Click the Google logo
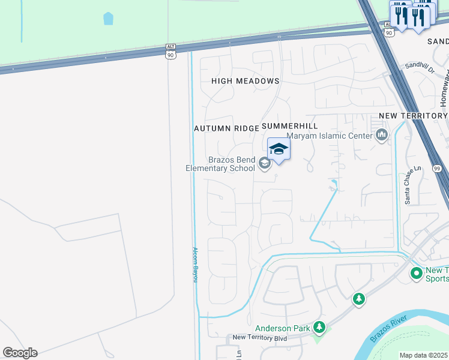click(20, 353)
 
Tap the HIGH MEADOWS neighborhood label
click(246, 81)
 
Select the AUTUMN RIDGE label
click(226, 128)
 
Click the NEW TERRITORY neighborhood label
click(413, 116)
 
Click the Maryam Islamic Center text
click(330, 136)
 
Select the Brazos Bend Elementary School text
click(220, 164)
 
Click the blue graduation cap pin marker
click(279, 149)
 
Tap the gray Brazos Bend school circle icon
click(264, 163)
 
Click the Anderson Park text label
click(282, 328)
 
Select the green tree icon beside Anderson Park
click(320, 327)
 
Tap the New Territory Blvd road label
click(259, 338)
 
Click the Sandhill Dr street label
click(419, 68)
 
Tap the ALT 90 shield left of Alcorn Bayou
click(171, 51)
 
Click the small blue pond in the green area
click(108, 19)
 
